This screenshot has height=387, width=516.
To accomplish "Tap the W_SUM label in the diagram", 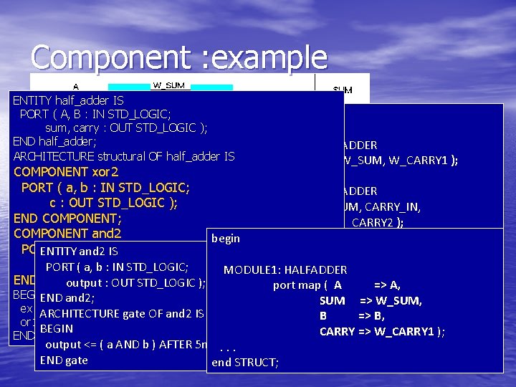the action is pos(169,85).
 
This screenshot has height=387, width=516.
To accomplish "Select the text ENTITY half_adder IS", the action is pos(68,100).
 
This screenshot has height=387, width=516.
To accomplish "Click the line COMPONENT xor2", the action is pos(66,172).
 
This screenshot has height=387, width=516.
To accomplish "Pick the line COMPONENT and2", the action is pos(67,233).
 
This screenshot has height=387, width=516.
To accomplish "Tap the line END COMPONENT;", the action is pos(67,218).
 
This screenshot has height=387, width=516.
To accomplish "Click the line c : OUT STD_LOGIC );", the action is pos(113,203).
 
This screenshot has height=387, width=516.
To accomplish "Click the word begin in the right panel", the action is pos(226,239).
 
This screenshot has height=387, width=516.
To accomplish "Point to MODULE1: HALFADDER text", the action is pos(285,270).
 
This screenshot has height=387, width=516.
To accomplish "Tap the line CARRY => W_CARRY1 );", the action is pos(382,331).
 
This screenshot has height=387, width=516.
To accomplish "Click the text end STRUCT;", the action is pos(245,363).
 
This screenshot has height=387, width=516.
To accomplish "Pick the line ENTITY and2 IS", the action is pos(80,252).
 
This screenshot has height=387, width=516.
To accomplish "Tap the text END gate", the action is pos(64,360).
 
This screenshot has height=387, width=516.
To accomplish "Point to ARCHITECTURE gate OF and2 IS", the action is pos(122,313).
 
